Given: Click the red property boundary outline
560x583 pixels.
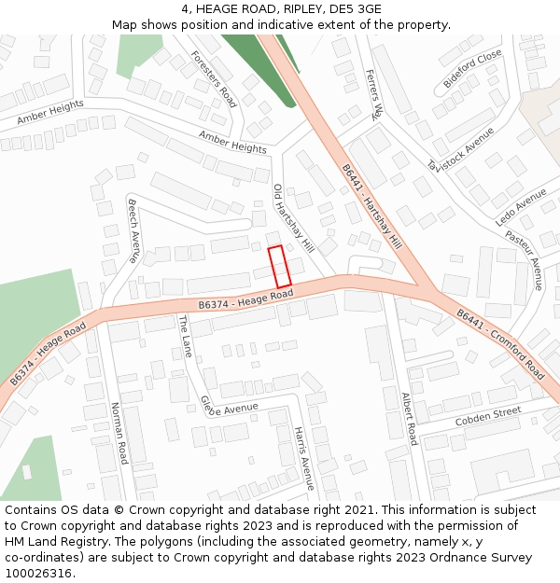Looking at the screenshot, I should (280, 267).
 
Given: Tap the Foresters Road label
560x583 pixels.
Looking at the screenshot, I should (214, 78).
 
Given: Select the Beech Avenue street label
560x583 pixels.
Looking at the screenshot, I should (133, 230).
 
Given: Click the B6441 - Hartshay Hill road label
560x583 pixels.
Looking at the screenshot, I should (371, 207).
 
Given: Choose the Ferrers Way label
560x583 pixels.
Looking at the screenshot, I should (374, 94).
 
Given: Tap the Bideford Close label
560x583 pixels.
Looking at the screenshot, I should (472, 69).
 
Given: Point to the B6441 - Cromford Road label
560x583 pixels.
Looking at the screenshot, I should (500, 343).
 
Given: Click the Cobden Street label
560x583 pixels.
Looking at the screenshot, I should (488, 417).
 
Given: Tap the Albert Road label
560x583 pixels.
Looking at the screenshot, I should (409, 418).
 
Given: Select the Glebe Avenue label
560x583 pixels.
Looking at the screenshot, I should (230, 408).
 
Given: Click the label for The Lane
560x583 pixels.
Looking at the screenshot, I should (185, 337).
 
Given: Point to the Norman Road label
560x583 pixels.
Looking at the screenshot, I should (119, 434).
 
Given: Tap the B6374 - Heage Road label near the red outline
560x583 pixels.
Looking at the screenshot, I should (245, 299).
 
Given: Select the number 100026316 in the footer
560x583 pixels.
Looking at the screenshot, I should (38, 574).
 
